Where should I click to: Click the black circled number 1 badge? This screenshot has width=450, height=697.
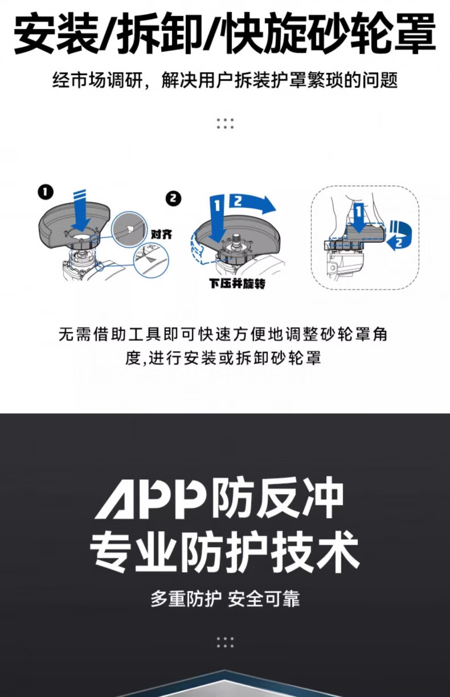pyautogui.click(x=46, y=192)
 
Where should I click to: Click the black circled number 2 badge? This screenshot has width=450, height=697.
pyautogui.click(x=174, y=199)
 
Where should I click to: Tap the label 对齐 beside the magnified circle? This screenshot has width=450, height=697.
pyautogui.click(x=161, y=234)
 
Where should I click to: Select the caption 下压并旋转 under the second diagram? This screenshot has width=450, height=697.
pyautogui.click(x=237, y=284)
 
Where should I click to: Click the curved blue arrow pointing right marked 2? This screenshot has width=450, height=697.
pyautogui.click(x=252, y=203)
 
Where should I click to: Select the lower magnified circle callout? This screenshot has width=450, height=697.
pyautogui.click(x=151, y=259)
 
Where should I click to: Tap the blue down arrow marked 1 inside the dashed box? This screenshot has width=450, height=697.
pyautogui.click(x=358, y=218)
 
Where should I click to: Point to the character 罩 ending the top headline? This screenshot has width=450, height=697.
pyautogui.click(x=414, y=33)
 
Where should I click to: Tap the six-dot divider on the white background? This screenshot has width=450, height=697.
pyautogui.click(x=225, y=124)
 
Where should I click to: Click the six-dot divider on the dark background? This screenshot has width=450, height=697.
pyautogui.click(x=225, y=642)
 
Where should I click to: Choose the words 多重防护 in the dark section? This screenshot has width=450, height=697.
pyautogui.click(x=186, y=598)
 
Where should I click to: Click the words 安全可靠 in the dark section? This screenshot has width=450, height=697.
pyautogui.click(x=264, y=598)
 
